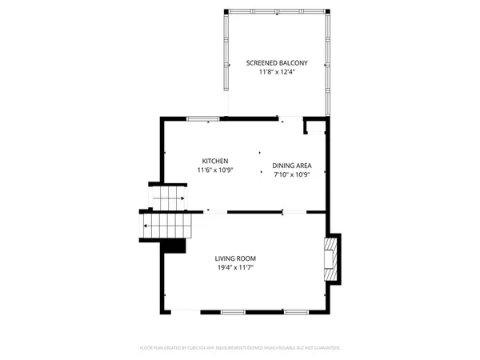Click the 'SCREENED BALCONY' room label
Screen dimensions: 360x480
click(x=277, y=62)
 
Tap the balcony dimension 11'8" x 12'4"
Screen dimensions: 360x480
click(x=277, y=72)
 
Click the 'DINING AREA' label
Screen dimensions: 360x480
click(x=292, y=166)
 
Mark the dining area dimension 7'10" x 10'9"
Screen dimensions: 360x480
click(x=292, y=175)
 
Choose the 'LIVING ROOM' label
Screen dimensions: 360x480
click(x=235, y=258)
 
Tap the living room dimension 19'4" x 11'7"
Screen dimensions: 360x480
click(x=235, y=267)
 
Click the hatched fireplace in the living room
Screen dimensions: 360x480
click(x=330, y=258)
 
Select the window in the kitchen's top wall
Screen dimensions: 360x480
click(x=203, y=119)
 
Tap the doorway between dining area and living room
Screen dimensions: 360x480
click(x=293, y=212)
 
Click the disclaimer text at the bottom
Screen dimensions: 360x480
click(x=240, y=348)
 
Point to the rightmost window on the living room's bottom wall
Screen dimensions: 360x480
click(x=296, y=310)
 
